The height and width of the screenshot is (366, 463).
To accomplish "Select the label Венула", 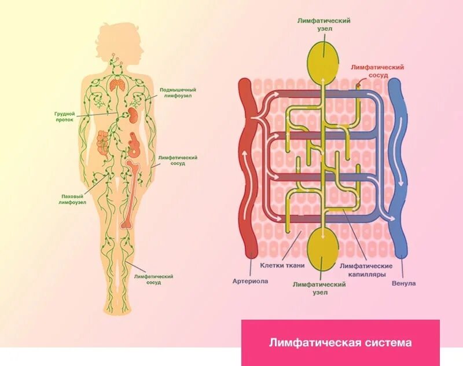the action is [x=403, y=283].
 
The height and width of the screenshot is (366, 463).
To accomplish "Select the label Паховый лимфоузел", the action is [x=74, y=199].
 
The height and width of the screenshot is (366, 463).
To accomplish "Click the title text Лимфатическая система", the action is [x=340, y=342].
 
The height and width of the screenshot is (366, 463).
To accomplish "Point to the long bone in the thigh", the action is [x=131, y=194].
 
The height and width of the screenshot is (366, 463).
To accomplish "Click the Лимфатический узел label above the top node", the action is [x=324, y=24].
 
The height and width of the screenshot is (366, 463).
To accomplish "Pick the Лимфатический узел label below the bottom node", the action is [x=319, y=288].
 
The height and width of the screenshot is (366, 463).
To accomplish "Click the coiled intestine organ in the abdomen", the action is [x=102, y=142].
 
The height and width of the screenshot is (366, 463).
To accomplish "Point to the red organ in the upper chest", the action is [x=118, y=85].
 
